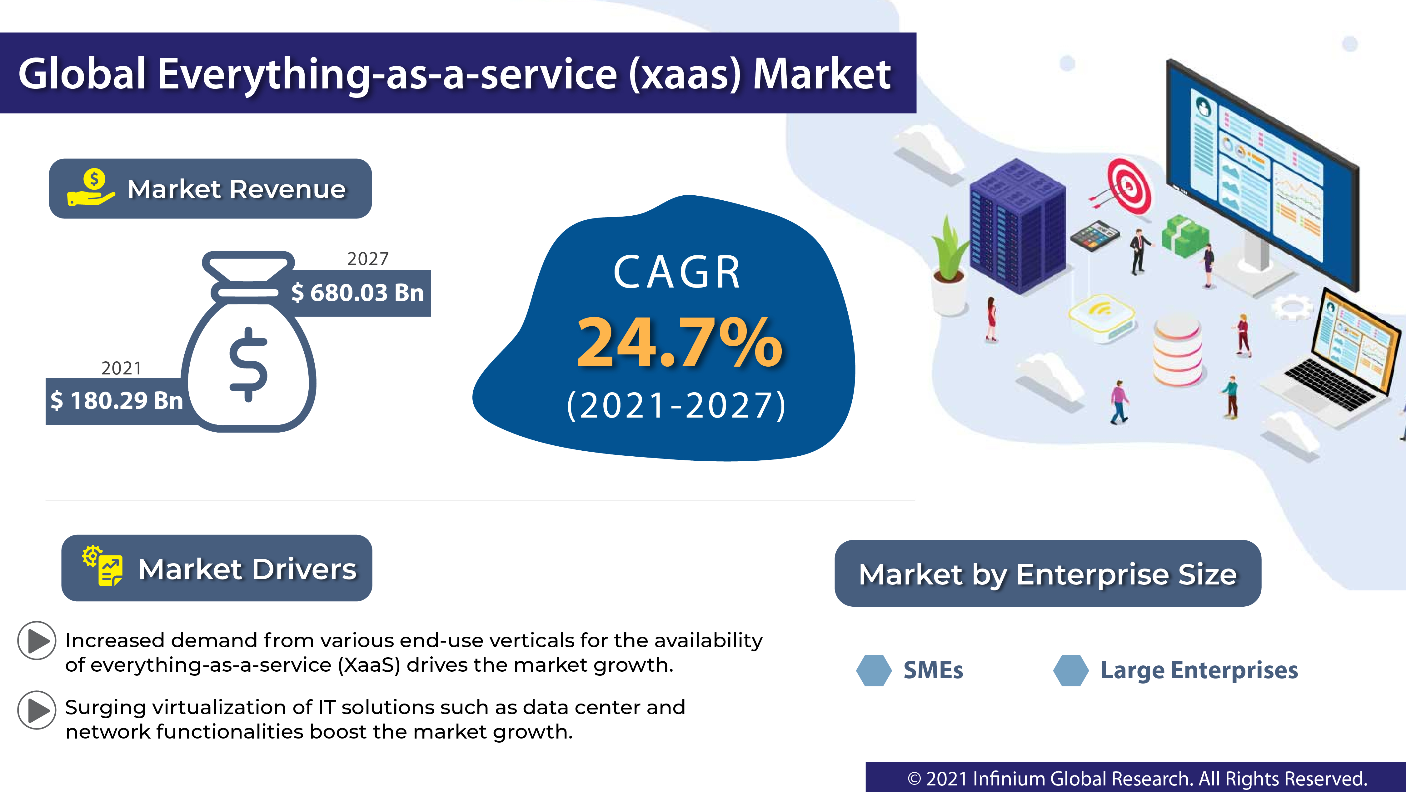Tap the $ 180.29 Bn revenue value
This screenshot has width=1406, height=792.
pyautogui.click(x=116, y=401)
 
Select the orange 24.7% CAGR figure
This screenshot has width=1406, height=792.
pyautogui.click(x=680, y=343)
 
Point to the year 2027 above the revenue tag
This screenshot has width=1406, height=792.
pyautogui.click(x=368, y=259)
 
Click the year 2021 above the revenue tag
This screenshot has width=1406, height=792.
pyautogui.click(x=121, y=368)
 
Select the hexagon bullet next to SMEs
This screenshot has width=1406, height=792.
pyautogui.click(x=874, y=670)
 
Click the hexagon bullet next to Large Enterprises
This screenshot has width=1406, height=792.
pyautogui.click(x=1070, y=670)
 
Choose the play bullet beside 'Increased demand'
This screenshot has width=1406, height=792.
pyautogui.click(x=37, y=641)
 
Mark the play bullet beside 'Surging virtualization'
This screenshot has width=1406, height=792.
pyautogui.click(x=37, y=710)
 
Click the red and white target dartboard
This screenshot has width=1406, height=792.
pyautogui.click(x=1128, y=186)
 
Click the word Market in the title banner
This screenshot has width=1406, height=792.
pyautogui.click(x=821, y=74)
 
